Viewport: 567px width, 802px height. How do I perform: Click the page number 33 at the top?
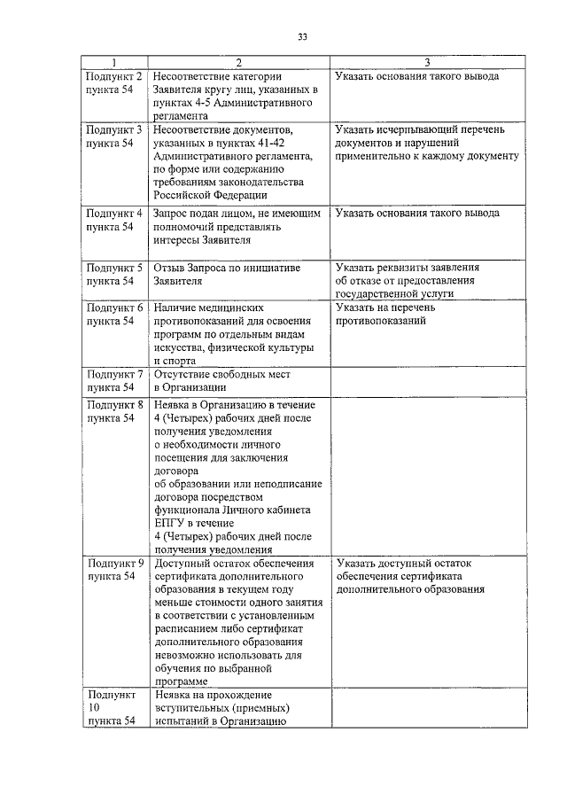302,36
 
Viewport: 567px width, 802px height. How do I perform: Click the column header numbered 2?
238,62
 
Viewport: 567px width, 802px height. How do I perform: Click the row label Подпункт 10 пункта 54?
112,708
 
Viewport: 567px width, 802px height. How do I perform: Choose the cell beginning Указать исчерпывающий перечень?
426,143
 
